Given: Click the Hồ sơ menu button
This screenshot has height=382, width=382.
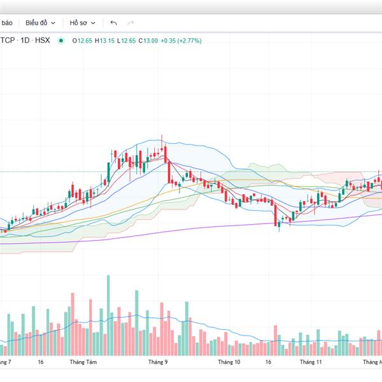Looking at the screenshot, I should tap(82, 22).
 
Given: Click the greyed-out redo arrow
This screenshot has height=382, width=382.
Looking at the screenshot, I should tap(131, 22).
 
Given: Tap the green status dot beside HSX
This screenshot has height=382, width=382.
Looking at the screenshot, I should tap(61, 41).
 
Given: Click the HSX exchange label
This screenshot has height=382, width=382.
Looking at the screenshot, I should tap(42, 41).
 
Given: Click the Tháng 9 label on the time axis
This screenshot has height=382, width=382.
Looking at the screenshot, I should tap(157, 362).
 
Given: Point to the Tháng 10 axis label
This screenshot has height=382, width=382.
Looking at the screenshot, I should tap(229, 362).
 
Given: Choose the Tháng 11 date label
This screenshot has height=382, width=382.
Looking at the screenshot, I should tap(311, 362).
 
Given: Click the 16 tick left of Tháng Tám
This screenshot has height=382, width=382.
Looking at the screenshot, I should tap(40, 362).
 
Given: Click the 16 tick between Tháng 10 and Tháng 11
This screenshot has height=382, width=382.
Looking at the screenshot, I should tap(268, 362).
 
